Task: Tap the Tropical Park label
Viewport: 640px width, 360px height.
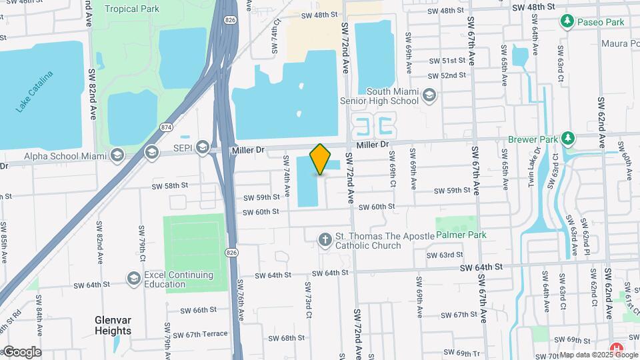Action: (131, 9)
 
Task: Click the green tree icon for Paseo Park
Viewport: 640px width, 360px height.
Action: (567, 22)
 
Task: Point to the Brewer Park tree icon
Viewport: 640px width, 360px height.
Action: (567, 138)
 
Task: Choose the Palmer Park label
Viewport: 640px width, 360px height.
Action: (461, 235)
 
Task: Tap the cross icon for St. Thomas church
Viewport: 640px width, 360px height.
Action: (325, 239)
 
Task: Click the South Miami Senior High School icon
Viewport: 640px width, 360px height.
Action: (429, 95)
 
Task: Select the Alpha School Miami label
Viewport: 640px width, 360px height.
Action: (65, 156)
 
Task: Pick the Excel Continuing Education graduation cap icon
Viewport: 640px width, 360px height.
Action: (134, 278)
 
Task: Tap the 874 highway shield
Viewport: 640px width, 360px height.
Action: (165, 127)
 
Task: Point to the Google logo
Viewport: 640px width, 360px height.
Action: (22, 351)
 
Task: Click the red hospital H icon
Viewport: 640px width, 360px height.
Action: (618, 348)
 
